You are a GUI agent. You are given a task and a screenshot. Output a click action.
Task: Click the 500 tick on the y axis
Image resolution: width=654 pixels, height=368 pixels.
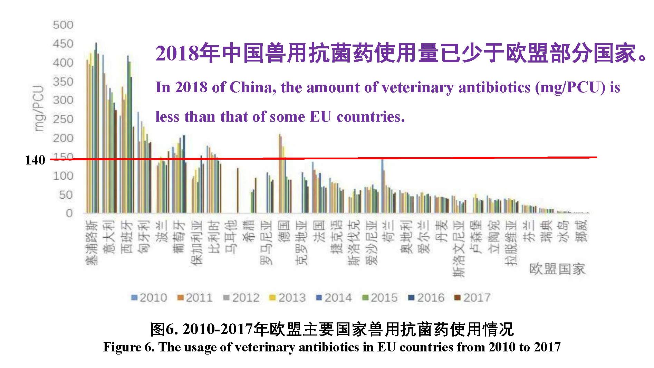click(63, 25)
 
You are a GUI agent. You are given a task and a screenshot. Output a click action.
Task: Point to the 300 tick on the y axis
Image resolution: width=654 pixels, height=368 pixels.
click(63, 100)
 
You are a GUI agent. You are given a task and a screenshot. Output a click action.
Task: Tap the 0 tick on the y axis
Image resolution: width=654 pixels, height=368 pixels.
click(69, 213)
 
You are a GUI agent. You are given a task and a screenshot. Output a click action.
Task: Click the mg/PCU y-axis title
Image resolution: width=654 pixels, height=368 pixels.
click(39, 108)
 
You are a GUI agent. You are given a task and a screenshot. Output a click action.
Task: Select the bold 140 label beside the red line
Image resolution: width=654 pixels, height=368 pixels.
click(35, 160)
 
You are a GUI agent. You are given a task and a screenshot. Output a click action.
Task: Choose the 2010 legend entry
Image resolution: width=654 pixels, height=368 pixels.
click(149, 298)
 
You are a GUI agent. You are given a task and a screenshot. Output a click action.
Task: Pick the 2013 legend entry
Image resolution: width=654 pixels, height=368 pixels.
click(288, 298)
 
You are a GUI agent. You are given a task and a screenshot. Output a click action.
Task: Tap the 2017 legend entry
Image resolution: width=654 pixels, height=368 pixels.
click(472, 298)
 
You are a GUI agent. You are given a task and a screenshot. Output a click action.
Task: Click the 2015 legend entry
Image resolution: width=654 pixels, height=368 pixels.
click(380, 298)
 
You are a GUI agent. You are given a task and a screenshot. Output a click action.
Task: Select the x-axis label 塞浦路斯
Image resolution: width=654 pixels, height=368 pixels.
click(92, 243)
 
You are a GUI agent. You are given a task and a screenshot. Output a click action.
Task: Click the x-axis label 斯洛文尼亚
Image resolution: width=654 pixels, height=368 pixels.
click(459, 249)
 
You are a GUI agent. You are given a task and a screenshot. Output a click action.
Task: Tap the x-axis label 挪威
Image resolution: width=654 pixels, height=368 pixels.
click(581, 232)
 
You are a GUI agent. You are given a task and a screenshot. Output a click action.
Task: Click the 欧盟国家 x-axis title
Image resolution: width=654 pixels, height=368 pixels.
click(557, 269)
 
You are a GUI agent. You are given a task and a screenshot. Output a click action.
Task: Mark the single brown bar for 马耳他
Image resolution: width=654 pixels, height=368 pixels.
click(238, 190)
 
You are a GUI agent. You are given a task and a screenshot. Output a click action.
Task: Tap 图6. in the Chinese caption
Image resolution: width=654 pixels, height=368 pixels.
click(164, 329)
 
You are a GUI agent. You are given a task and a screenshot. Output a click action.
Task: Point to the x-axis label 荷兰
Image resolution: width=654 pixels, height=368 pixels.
click(389, 232)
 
